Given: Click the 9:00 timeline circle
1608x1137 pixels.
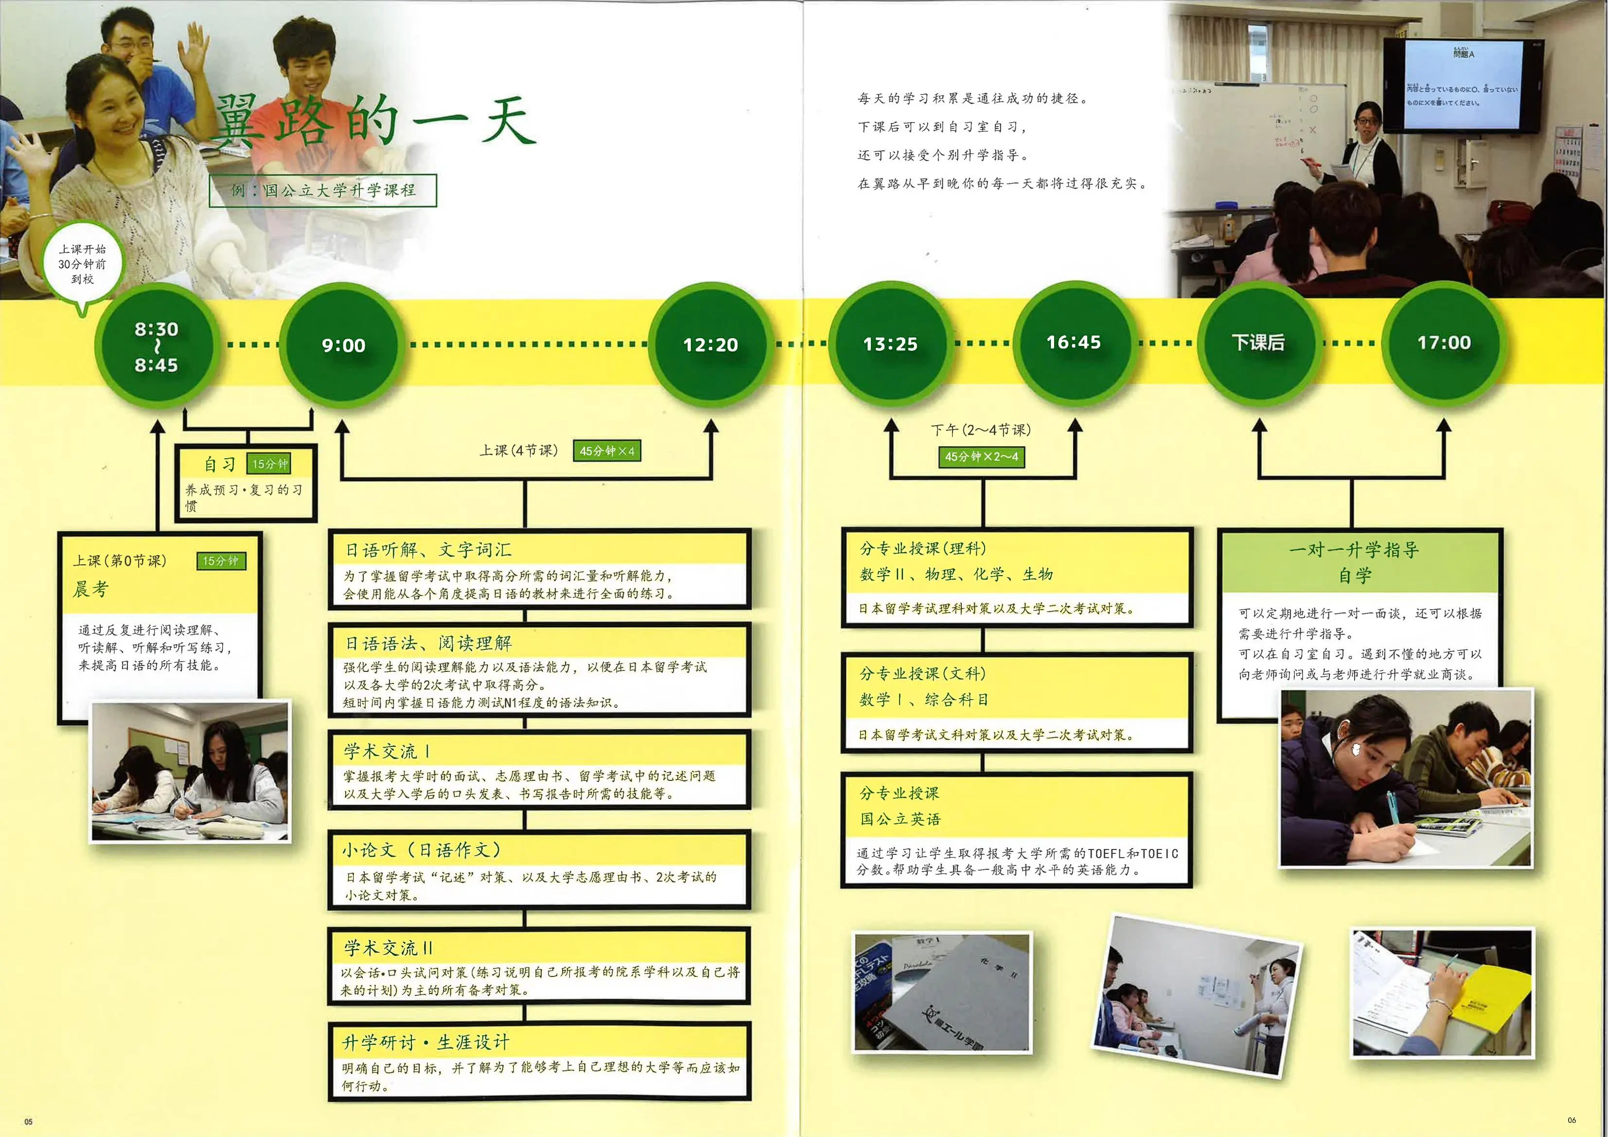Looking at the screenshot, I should click(343, 344).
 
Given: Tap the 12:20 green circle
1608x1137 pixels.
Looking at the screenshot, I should click(710, 344).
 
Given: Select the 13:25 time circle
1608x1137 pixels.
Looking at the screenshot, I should click(890, 343).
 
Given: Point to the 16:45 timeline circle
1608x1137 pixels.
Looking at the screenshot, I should click(1073, 342).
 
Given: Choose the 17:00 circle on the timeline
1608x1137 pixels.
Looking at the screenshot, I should click(1444, 342).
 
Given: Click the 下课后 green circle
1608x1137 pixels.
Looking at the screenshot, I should click(1258, 342).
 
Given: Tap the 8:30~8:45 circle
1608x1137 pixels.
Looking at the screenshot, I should click(156, 346).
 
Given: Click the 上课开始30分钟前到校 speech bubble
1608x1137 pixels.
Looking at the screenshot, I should click(82, 265).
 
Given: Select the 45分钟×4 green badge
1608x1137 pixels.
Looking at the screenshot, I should click(606, 451).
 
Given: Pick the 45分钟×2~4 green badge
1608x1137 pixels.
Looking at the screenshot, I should click(981, 457).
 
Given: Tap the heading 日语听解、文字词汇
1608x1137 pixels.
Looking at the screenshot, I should click(428, 550).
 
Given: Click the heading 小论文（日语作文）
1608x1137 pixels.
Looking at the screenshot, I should click(421, 850).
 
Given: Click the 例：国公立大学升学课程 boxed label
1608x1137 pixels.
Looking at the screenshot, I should click(323, 190).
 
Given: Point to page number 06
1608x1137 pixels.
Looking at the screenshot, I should click(1572, 1119).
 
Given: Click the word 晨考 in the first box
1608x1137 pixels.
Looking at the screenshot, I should click(91, 589).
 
